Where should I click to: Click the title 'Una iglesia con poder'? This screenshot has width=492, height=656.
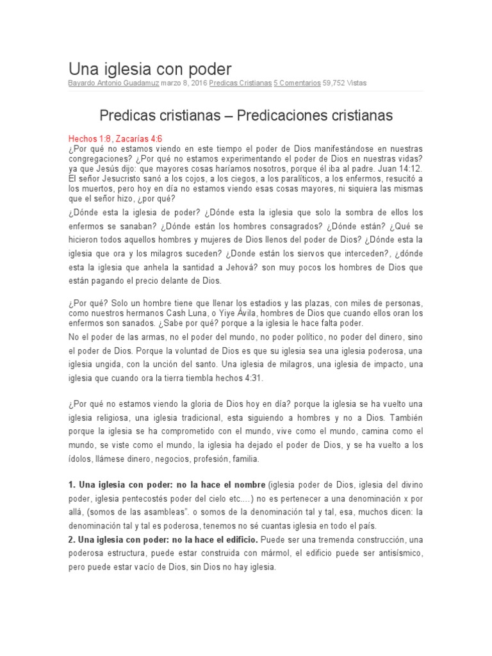point(150,69)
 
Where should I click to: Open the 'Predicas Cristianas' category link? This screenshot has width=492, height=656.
point(240,83)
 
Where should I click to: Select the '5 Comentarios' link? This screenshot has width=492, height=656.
point(297,83)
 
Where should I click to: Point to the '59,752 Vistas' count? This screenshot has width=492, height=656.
point(345,83)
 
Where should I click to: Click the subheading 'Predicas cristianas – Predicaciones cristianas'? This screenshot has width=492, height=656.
point(246,116)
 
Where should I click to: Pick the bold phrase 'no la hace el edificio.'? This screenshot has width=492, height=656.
point(213,540)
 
